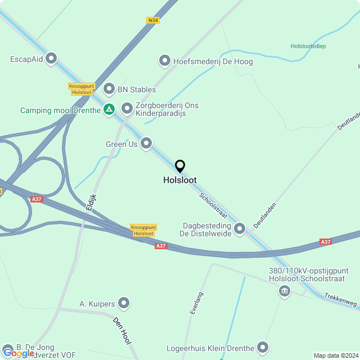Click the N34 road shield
[x=152, y=20]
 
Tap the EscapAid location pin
[x=52, y=58]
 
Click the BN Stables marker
[x=109, y=89]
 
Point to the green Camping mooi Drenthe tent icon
[x=109, y=109]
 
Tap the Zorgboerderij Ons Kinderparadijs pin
[x=127, y=107]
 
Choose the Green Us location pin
[x=146, y=144]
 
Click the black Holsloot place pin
[x=180, y=166]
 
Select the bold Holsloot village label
[x=180, y=181]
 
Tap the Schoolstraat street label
[x=212, y=205]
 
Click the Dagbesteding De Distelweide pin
[x=240, y=228]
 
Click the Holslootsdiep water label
[x=308, y=46]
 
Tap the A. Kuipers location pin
[x=124, y=304]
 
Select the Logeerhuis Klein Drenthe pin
[x=262, y=348]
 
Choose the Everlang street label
[x=196, y=303]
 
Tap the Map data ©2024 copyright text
[x=336, y=355]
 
